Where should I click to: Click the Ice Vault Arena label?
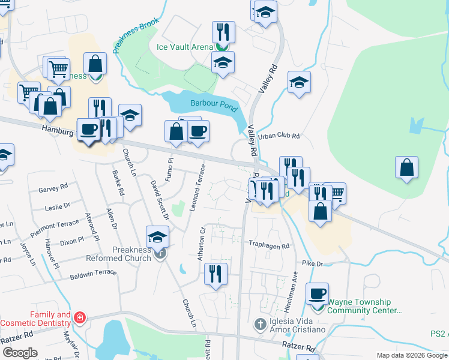[185, 47]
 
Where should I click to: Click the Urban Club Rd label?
[279, 136]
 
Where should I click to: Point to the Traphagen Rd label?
[270, 245]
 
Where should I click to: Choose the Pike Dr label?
[313, 263]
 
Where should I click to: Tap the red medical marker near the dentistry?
[80, 317]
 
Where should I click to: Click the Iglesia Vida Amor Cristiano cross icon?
[260, 325]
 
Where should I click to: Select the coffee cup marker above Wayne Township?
[317, 293]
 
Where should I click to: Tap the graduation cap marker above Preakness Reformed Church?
[157, 236]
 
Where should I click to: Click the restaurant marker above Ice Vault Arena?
[223, 31]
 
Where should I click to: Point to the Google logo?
[20, 353]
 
